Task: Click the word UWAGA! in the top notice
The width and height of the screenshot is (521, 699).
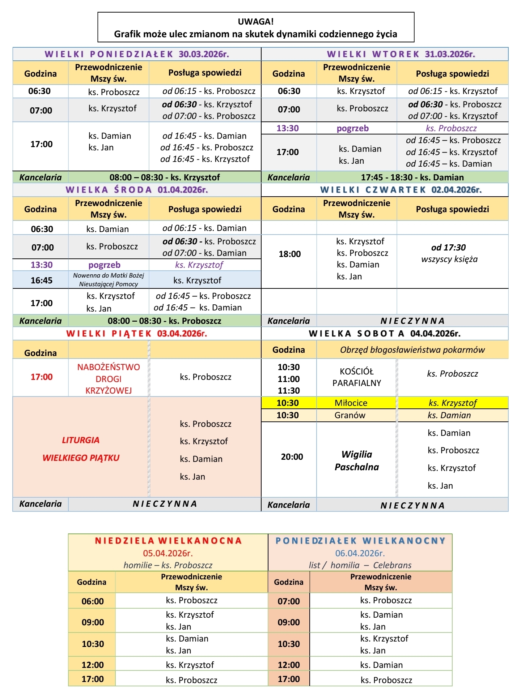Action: (255, 22)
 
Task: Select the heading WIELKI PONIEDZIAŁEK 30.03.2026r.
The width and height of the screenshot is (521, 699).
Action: (137, 54)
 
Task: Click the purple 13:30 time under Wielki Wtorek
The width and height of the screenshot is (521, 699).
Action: (288, 128)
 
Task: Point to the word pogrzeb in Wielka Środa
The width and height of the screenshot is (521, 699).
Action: (104, 265)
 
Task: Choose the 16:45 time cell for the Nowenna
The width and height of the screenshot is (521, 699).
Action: (41, 280)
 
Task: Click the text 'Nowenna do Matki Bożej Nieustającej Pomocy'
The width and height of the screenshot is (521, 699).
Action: (109, 280)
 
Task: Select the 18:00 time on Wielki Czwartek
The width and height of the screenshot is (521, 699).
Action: (289, 254)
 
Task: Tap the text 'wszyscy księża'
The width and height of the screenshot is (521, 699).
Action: (449, 259)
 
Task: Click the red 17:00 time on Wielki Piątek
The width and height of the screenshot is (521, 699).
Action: (41, 377)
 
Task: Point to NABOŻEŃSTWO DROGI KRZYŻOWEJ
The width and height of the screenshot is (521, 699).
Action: (109, 379)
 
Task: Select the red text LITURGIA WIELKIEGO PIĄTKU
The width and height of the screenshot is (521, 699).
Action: (81, 449)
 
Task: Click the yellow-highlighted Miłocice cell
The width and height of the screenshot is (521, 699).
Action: (351, 403)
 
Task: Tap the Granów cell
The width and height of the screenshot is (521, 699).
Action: (350, 415)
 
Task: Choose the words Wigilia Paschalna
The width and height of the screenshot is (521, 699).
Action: (356, 460)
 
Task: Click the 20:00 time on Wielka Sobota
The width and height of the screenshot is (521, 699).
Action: (292, 457)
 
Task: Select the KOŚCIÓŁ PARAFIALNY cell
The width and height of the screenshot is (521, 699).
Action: (357, 377)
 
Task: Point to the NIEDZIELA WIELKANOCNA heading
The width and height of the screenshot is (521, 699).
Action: (168, 541)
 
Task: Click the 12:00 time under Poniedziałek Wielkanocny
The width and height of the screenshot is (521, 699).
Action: (289, 665)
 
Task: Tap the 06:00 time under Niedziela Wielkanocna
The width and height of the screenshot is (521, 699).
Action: (93, 601)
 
